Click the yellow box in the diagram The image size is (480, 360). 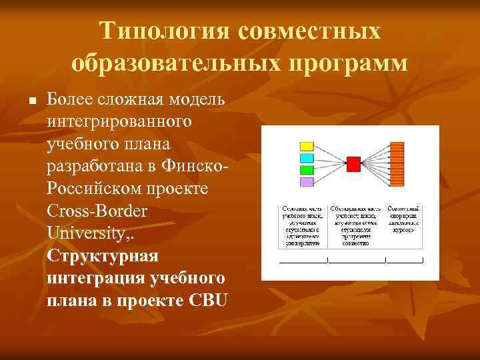click(307, 146)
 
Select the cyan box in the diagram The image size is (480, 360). click(307, 158)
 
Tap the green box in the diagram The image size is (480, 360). click(307, 170)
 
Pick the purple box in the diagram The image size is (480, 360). click(307, 181)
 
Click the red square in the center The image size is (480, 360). click(353, 163)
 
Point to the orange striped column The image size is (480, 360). click(397, 163)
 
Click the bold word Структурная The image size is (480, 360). click(103, 257)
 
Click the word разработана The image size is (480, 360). click(91, 167)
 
